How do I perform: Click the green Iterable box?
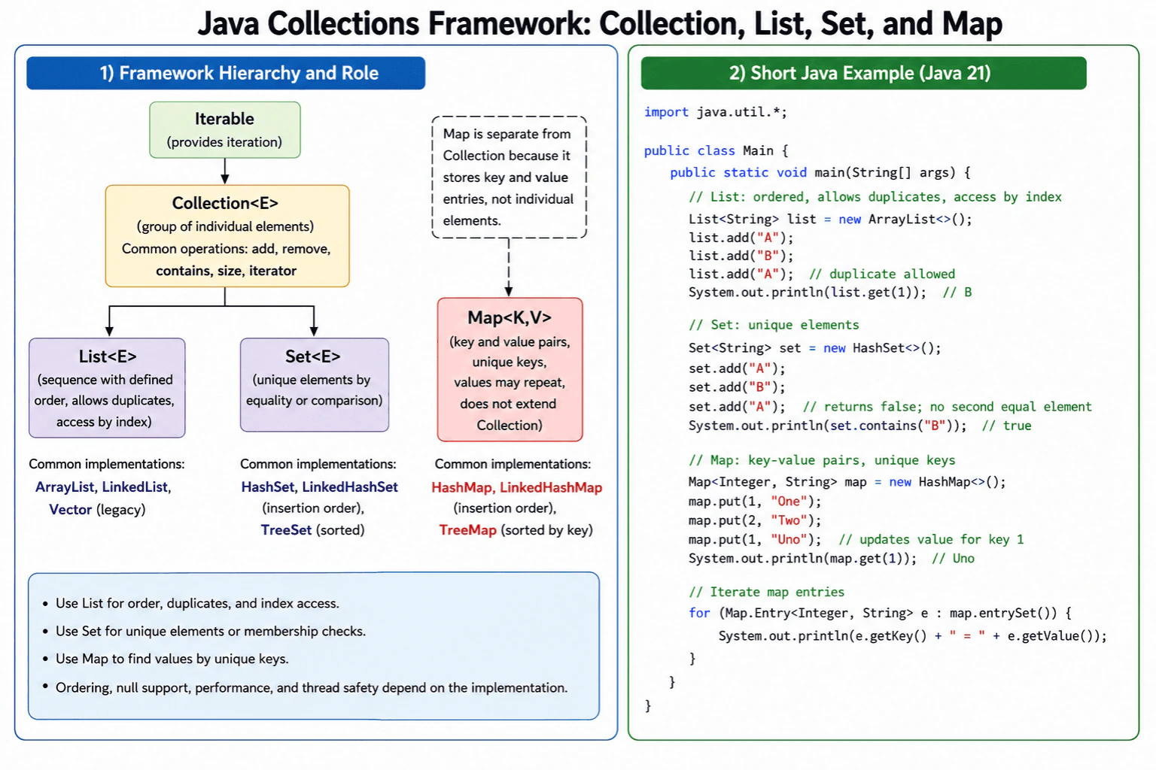(224, 129)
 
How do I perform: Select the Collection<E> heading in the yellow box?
(225, 203)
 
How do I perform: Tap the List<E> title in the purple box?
(108, 356)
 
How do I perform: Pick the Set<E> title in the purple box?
(313, 356)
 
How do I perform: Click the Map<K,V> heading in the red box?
(510, 317)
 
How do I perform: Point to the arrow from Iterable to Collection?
(224, 171)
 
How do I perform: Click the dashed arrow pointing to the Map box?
(508, 267)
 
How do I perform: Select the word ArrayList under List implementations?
(65, 487)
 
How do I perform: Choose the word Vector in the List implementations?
(70, 510)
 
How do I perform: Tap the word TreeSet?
(286, 530)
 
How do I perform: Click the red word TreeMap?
(467, 530)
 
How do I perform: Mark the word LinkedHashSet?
(350, 487)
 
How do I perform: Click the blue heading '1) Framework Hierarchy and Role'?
(239, 73)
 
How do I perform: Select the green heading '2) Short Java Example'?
(859, 73)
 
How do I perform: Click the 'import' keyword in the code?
(666, 113)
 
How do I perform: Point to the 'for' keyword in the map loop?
(699, 613)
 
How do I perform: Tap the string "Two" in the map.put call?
(789, 520)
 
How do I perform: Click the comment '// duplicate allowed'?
(882, 274)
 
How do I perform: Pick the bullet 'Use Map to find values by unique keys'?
(172, 659)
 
